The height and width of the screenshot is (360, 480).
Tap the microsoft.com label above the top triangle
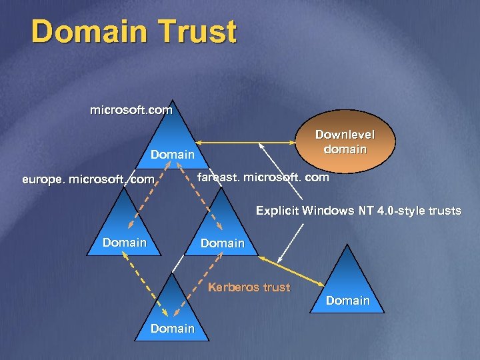click(131, 109)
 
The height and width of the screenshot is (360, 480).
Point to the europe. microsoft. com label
click(88, 179)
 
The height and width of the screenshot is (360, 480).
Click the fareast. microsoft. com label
click(263, 177)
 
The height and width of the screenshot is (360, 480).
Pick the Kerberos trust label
click(249, 287)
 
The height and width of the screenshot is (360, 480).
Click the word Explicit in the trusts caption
click(277, 211)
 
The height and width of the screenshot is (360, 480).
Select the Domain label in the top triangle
click(173, 154)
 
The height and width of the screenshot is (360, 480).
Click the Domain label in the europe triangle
click(125, 243)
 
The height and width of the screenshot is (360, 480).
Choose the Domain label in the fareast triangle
click(223, 243)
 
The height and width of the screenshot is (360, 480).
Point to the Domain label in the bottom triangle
click(173, 328)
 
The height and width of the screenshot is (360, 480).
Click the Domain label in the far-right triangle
click(348, 301)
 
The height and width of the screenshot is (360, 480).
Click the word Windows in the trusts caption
click(327, 211)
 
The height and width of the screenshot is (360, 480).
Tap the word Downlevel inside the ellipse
click(345, 135)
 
